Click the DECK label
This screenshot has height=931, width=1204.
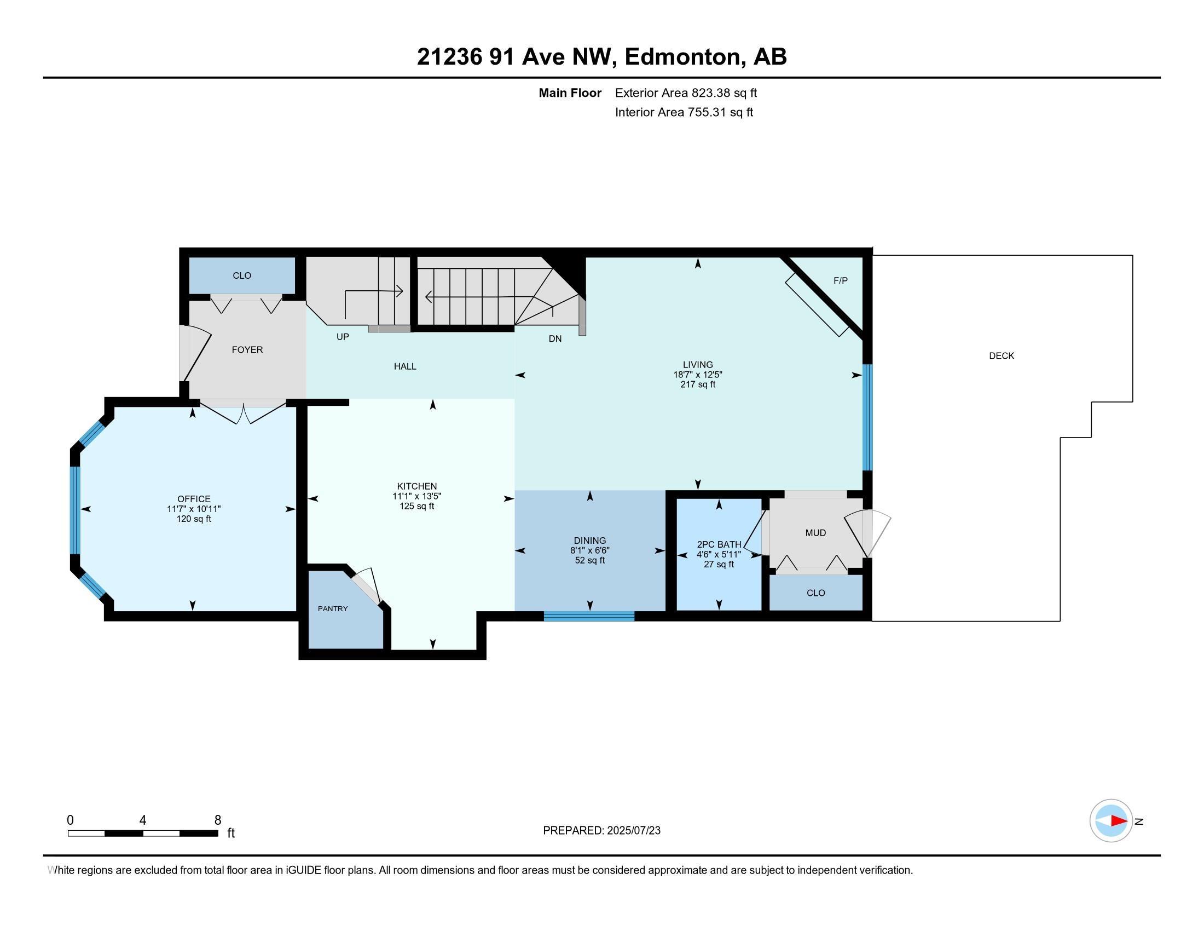pos(1001,356)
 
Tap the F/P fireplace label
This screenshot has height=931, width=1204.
pos(840,281)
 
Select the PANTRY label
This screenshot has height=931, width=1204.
pos(332,608)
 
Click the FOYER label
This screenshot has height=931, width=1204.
pos(247,350)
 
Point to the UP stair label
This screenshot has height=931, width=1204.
pos(343,336)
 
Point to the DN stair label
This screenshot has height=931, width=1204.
pos(555,338)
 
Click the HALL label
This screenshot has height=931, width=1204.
pos(404,366)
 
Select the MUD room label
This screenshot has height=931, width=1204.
pos(815,533)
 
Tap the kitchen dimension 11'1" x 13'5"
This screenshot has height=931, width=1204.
pos(417,496)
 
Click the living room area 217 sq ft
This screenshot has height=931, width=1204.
pos(698,384)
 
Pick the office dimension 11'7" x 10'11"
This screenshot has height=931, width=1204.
pos(194,509)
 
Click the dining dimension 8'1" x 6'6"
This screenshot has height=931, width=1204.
pos(590,550)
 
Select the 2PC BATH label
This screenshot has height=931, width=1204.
pos(719,544)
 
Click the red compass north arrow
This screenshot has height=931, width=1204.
pos(1119,821)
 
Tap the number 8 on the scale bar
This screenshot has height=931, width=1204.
pos(218,820)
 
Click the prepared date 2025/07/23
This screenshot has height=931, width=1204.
pos(633,831)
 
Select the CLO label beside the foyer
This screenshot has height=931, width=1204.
pos(242,275)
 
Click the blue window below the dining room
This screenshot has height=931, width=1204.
pos(589,616)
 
